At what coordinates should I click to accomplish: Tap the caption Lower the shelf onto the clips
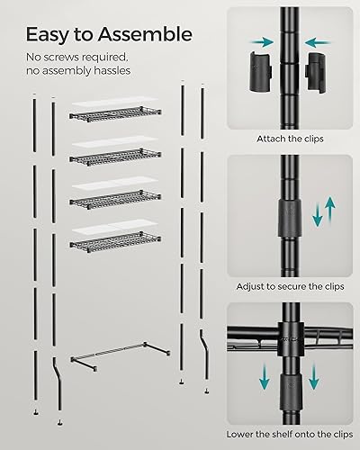[x=287, y=433]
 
